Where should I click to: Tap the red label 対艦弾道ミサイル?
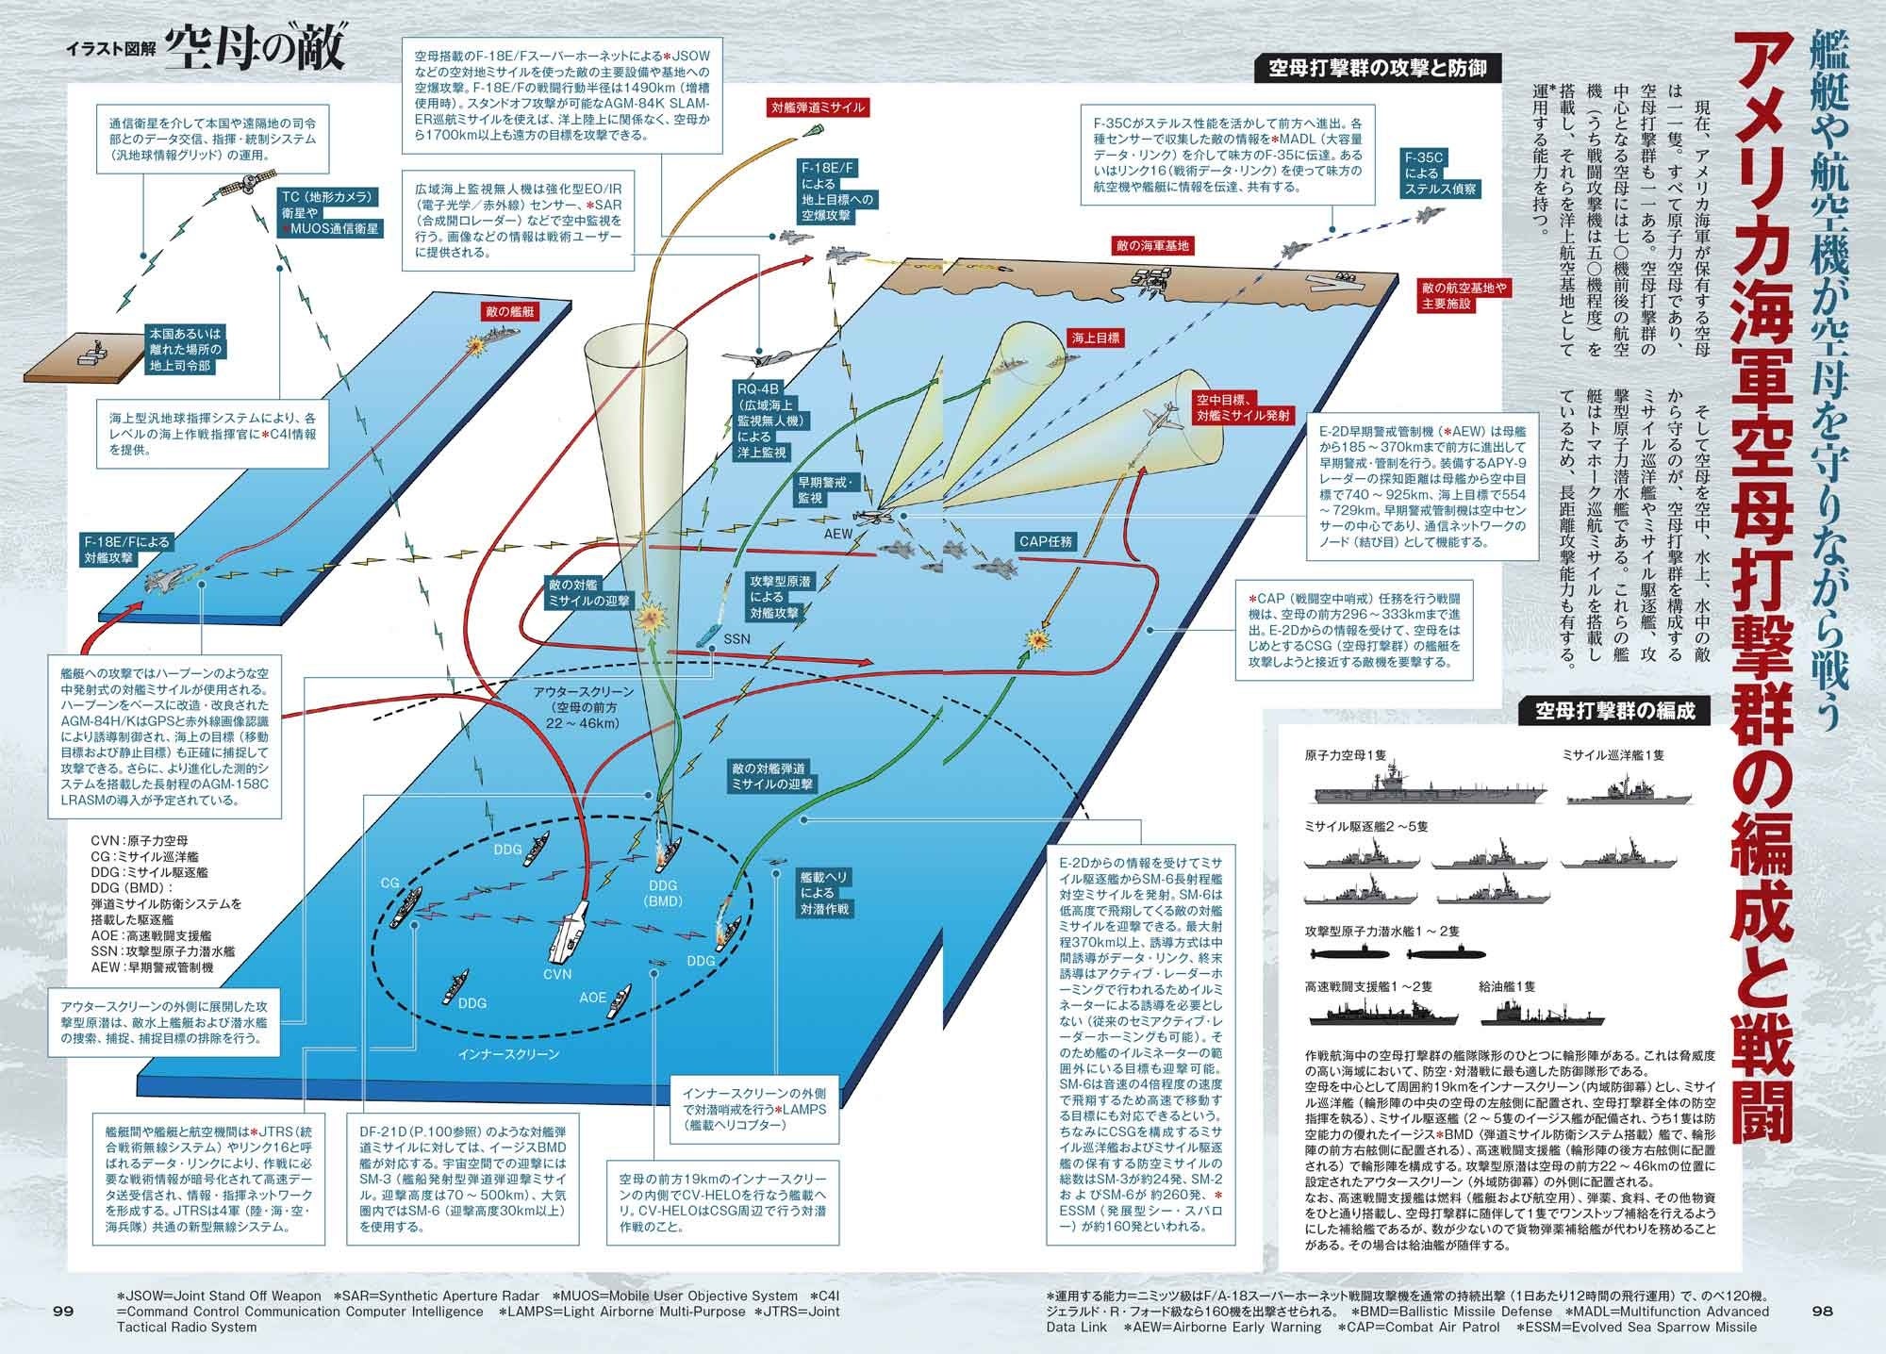point(817,107)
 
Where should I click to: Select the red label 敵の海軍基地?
point(1152,246)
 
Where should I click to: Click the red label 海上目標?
point(1094,337)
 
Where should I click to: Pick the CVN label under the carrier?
point(556,973)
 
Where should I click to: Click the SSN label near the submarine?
point(736,638)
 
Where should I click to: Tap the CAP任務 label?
point(1045,541)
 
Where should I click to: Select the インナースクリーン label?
point(520,1054)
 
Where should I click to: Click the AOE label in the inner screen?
point(592,998)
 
